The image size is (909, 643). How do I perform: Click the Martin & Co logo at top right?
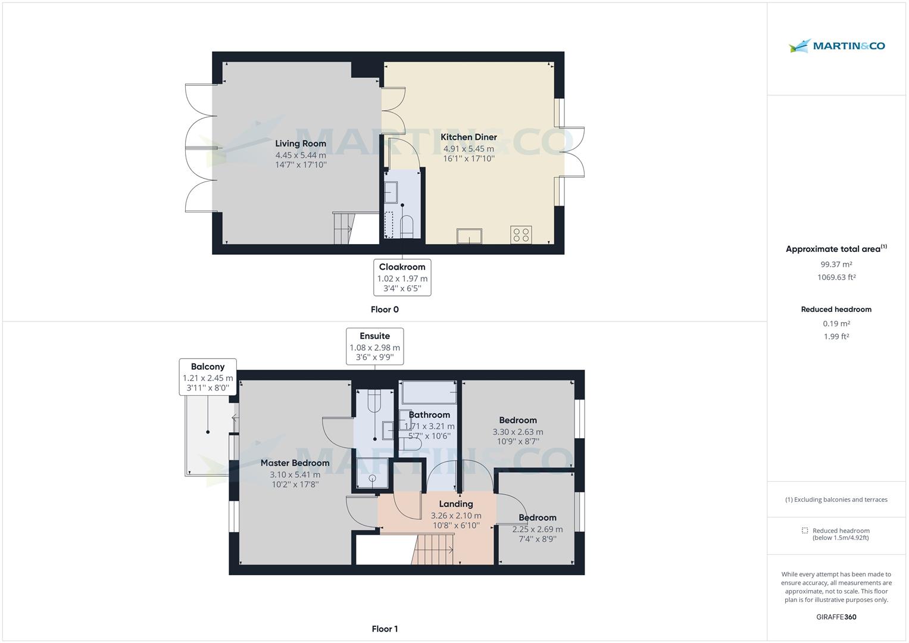pos(836,46)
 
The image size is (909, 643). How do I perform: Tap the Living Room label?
pos(301,143)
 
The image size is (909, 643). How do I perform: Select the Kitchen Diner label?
pos(468,137)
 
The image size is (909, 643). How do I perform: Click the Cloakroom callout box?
pos(402,277)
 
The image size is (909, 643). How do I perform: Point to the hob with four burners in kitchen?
pos(521,235)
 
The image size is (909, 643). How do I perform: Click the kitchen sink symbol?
pos(470,236)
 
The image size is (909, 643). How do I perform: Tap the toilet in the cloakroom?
pos(407,226)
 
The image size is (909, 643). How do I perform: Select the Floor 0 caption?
pos(385,310)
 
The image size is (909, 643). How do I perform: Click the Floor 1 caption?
pos(385,629)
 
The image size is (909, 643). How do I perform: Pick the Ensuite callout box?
pos(374,346)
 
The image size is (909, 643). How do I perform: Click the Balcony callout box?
pos(208,376)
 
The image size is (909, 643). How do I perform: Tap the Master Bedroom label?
pos(295,463)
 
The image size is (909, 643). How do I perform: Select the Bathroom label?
pos(429,415)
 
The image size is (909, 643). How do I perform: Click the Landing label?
pos(456,504)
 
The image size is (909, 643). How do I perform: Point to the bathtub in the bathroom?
pos(429,393)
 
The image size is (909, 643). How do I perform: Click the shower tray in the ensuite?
pos(372,475)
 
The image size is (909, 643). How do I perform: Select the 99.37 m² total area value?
pos(836,264)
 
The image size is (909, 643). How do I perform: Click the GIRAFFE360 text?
pos(836,617)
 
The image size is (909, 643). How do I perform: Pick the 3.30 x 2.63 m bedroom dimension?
pos(517,432)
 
